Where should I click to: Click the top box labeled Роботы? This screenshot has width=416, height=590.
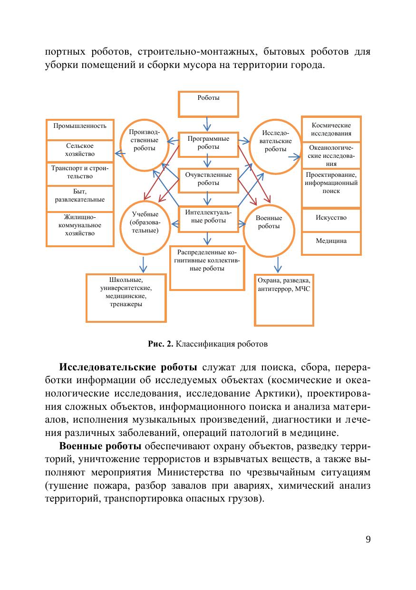[208, 104]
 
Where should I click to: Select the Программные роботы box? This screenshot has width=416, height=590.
[208, 144]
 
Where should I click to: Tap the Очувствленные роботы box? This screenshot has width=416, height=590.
[208, 180]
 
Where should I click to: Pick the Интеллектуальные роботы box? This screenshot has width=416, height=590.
[208, 218]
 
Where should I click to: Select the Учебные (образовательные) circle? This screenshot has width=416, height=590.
[145, 227]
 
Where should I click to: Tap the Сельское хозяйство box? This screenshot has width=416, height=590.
[80, 150]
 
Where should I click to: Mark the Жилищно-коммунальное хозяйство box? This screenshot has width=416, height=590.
[80, 229]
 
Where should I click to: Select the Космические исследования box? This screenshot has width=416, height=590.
[331, 129]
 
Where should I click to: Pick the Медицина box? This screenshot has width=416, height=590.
[331, 242]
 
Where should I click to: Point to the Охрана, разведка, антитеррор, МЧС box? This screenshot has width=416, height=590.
[284, 300]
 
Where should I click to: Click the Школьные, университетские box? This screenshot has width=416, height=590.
[126, 298]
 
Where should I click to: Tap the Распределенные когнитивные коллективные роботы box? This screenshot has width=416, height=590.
[206, 268]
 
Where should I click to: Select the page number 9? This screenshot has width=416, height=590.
[368, 539]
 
